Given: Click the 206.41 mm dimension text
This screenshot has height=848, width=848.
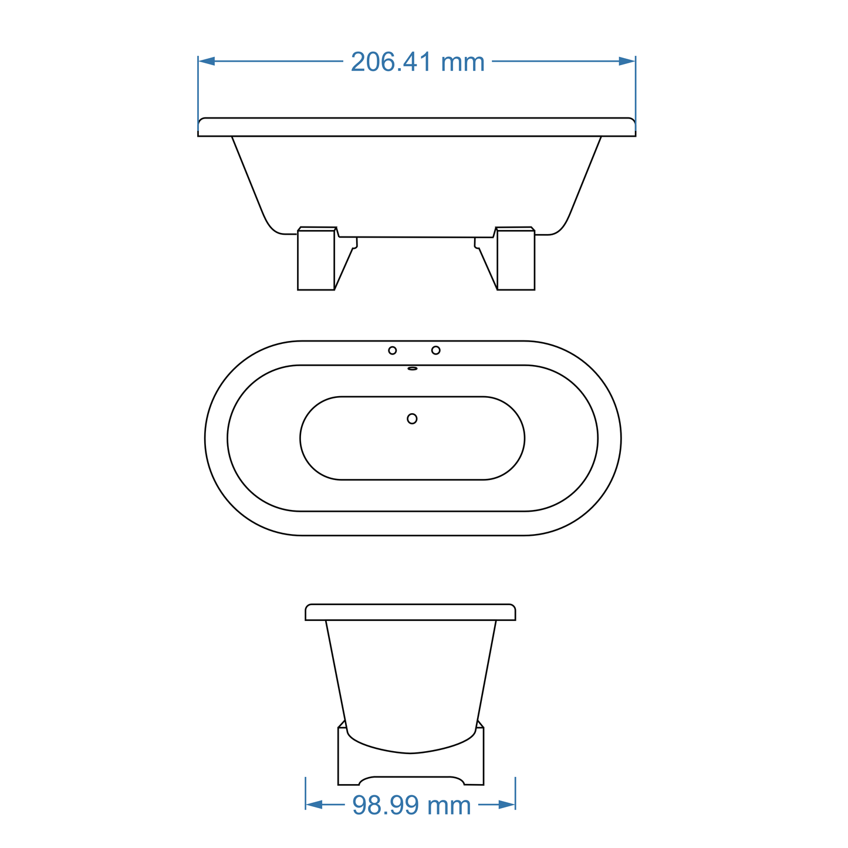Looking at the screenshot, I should click(x=417, y=62).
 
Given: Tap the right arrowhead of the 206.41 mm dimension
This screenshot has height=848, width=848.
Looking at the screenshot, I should click(x=627, y=61).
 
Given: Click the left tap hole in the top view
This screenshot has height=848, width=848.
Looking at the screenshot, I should click(x=393, y=350).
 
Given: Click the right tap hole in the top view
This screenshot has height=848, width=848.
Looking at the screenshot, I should click(x=435, y=350).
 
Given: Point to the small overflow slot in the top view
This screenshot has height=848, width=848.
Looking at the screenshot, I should click(x=413, y=369).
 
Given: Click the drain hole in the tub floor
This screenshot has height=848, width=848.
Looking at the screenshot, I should click(x=412, y=418).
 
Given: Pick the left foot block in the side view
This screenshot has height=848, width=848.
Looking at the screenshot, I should click(x=316, y=259).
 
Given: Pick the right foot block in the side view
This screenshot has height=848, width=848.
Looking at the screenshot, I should click(x=516, y=259).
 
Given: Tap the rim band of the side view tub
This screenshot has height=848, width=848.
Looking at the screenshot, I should click(x=417, y=127).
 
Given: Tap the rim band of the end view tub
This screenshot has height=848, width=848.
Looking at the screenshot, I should click(x=410, y=612).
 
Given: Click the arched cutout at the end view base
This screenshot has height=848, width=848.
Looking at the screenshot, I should click(x=411, y=780).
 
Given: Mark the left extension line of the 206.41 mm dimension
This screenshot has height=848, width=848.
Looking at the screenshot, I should click(x=198, y=94).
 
